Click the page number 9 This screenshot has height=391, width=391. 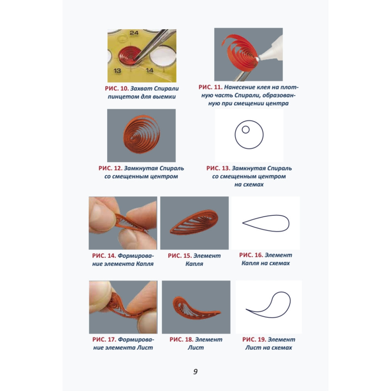click(195, 371)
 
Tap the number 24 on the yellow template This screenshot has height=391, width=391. click(134, 33)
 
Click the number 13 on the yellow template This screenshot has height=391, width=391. click(117, 71)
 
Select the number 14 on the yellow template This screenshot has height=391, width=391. click(149, 70)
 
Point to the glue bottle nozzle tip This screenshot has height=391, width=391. click(257, 59)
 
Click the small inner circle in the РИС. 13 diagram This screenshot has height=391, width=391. click(246, 130)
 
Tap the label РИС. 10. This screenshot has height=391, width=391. click(117, 88)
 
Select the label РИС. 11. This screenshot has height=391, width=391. click(210, 87)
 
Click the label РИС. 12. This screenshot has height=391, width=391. click(111, 168)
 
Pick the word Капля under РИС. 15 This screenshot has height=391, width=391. click(194, 264)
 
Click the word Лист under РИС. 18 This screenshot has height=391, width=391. click(196, 348)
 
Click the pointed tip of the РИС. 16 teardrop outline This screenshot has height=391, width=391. click(243, 223)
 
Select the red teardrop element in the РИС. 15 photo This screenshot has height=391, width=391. click(194, 222)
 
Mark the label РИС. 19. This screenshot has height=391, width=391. click(254, 340)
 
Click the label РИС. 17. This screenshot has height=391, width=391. click(104, 340)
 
